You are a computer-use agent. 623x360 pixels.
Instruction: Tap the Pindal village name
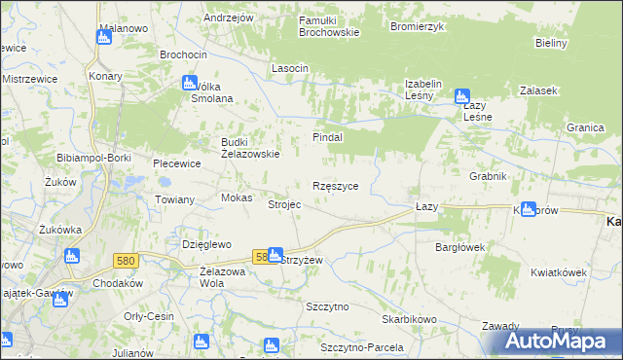click(327, 138)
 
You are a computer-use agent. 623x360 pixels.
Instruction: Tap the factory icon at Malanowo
click(104, 38)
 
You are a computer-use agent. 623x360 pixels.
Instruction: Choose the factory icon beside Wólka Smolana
click(190, 84)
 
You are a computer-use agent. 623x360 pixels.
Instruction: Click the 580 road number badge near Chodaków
click(125, 261)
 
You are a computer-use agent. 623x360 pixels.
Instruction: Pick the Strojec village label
click(284, 205)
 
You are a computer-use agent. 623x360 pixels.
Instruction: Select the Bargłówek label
click(459, 247)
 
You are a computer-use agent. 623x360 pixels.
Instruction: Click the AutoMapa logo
click(562, 342)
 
